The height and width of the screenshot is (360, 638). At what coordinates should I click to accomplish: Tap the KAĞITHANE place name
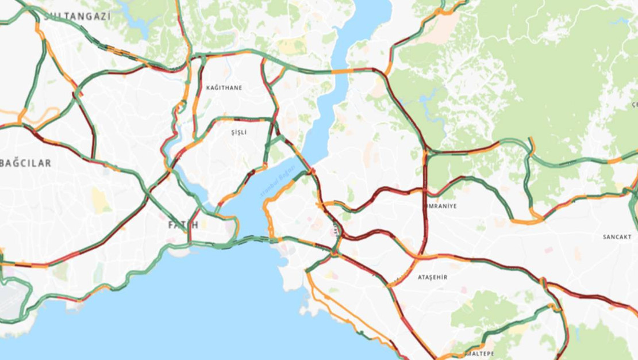click(224, 88)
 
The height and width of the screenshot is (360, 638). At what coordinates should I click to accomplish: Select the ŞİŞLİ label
click(239, 132)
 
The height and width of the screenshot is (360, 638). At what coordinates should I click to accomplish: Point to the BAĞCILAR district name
click(26, 163)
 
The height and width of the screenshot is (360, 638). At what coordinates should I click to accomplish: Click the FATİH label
click(183, 225)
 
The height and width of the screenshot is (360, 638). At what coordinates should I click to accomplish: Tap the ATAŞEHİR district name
click(432, 277)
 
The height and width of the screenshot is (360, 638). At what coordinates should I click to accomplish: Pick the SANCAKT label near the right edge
click(617, 237)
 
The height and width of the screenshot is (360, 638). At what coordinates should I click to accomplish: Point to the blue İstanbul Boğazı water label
click(277, 181)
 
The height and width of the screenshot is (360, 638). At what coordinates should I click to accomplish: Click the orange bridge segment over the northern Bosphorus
click(343, 71)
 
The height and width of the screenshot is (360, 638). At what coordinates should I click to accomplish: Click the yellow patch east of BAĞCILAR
click(100, 200)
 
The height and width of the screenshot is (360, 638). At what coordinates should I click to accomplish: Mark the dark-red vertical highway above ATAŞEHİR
click(425, 213)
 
